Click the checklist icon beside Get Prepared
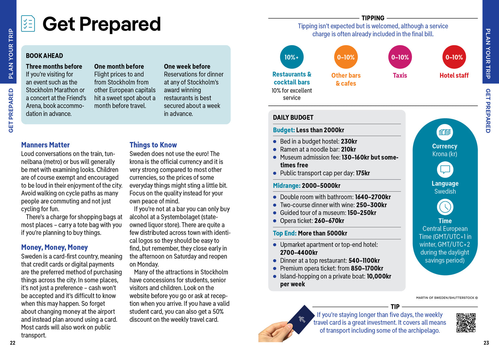[28, 24]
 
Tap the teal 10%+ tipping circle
[292, 57]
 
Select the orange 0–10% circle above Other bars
[346, 57]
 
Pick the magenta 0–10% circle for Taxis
[400, 57]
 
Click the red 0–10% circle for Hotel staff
[454, 57]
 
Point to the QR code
[466, 323]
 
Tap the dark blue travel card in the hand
[301, 320]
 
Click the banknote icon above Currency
[445, 132]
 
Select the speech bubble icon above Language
[445, 170]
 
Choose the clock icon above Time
[445, 207]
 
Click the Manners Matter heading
[46, 145]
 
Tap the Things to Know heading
[153, 145]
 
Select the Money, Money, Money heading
[55, 248]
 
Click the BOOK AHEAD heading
[45, 56]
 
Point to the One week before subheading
[187, 67]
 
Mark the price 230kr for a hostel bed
[349, 141]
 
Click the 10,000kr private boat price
[379, 276]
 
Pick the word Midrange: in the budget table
[286, 186]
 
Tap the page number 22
[13, 343]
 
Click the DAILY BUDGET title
[293, 117]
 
